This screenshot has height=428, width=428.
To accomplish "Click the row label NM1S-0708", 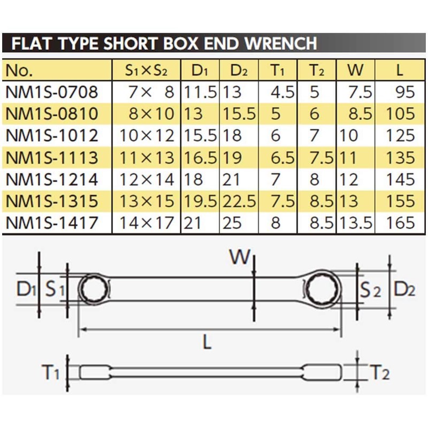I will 52,92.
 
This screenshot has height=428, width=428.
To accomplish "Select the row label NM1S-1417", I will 52,222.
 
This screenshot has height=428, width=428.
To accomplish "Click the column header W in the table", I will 355,70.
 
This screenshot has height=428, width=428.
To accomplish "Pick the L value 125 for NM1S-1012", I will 401,135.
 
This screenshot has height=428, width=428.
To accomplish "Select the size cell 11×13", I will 148,157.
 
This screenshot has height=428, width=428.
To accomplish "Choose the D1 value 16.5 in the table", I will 200,157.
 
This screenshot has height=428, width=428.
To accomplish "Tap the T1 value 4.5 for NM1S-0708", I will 282,92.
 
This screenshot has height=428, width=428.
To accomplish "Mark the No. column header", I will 19,70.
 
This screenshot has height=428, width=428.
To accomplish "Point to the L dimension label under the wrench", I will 207,341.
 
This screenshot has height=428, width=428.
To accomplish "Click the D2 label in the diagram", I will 404,291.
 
